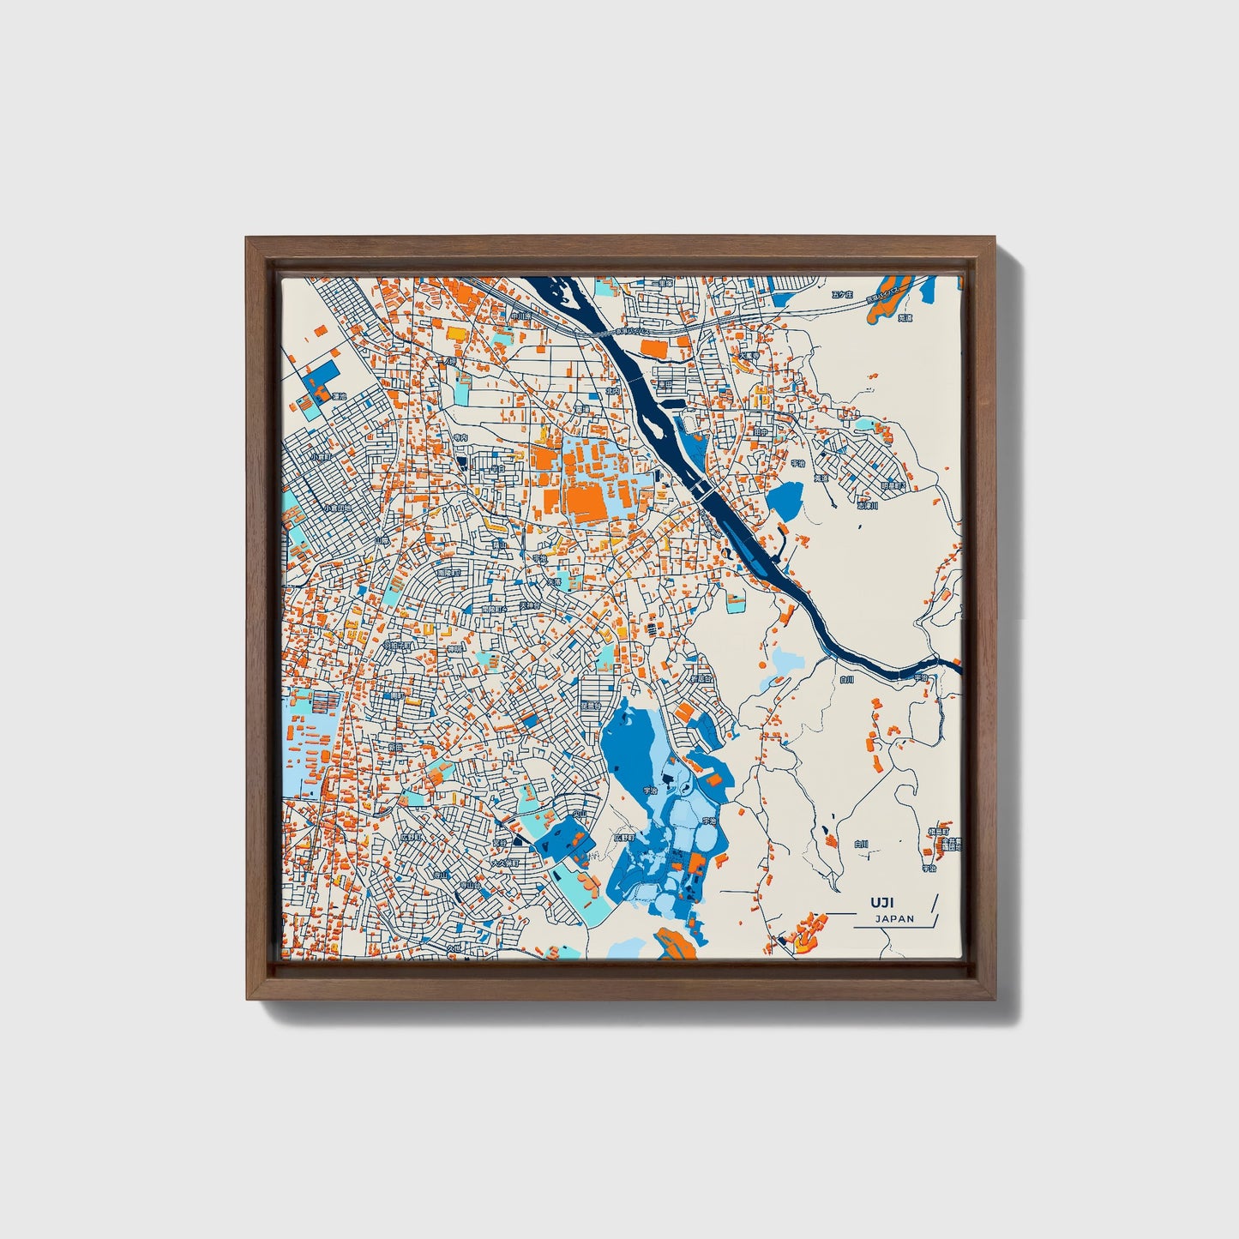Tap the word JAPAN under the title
895,918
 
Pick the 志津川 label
869,506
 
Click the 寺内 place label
461,436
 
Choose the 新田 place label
397,746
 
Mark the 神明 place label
454,647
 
